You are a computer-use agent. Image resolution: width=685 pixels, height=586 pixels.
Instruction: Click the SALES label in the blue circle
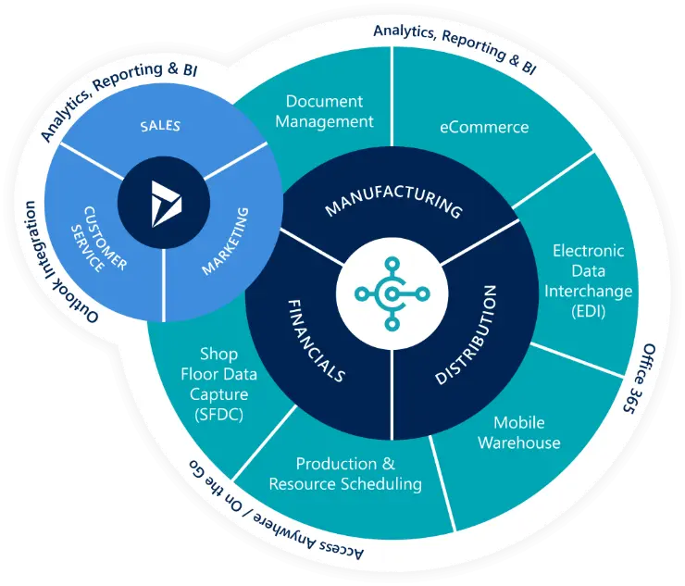160,126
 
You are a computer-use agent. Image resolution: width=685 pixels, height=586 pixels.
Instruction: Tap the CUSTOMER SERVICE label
99,240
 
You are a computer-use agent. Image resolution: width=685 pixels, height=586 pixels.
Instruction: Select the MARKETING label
226,242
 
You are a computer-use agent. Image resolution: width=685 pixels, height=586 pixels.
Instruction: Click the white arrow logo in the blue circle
166,204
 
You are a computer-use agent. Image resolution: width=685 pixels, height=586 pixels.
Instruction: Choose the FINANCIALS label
317,340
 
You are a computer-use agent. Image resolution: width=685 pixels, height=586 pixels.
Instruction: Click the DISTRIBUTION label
467,335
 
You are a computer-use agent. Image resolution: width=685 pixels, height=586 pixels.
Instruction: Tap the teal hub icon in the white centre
392,293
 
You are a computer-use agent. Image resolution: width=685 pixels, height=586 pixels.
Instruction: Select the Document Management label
324,111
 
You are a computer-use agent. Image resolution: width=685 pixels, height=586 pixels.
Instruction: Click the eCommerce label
484,127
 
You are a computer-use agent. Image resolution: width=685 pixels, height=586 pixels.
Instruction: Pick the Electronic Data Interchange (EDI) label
588,281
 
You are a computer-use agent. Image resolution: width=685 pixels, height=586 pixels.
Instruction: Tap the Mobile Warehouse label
519,432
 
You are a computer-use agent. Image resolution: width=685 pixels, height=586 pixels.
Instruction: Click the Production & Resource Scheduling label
345,474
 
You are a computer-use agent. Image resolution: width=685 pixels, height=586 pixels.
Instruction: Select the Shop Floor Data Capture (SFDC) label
218,384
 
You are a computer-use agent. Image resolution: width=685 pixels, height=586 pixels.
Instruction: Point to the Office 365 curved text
639,379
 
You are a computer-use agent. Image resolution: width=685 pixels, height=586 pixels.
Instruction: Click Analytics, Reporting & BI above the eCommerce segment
455,47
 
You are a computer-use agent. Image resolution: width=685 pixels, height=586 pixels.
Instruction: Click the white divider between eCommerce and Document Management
392,96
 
